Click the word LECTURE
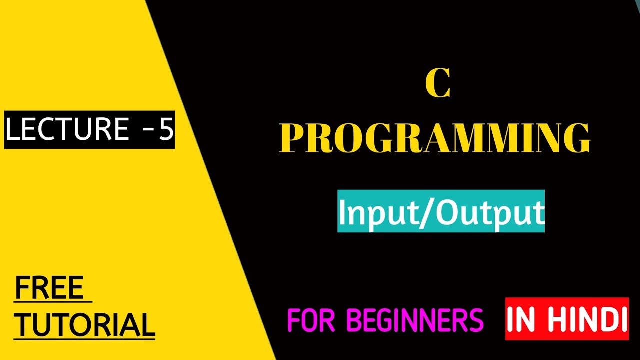67,130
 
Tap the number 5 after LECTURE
166,130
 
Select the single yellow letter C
438,84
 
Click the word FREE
49,288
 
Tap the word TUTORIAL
84,324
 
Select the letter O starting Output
449,213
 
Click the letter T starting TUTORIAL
23,324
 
